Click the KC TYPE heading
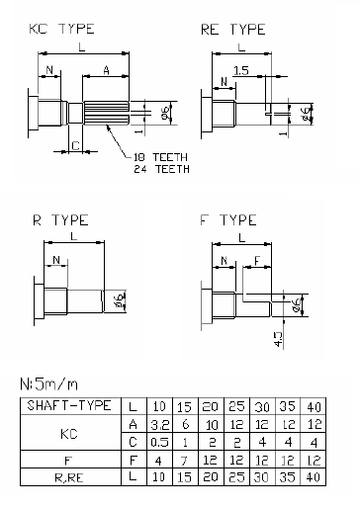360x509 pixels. pyautogui.click(x=62, y=29)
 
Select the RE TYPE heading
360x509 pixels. pyautogui.click(x=233, y=30)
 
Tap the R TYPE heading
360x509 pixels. pyautogui.click(x=60, y=220)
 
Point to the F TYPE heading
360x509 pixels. pyautogui.click(x=228, y=220)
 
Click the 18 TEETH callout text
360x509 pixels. pyautogui.click(x=160, y=157)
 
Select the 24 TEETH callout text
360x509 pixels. pyautogui.click(x=161, y=169)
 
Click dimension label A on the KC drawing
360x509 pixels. pyautogui.click(x=106, y=70)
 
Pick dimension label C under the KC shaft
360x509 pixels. pyautogui.click(x=75, y=145)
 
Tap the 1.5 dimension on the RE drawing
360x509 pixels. pyautogui.click(x=241, y=70)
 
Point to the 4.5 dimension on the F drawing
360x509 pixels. pyautogui.click(x=278, y=339)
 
